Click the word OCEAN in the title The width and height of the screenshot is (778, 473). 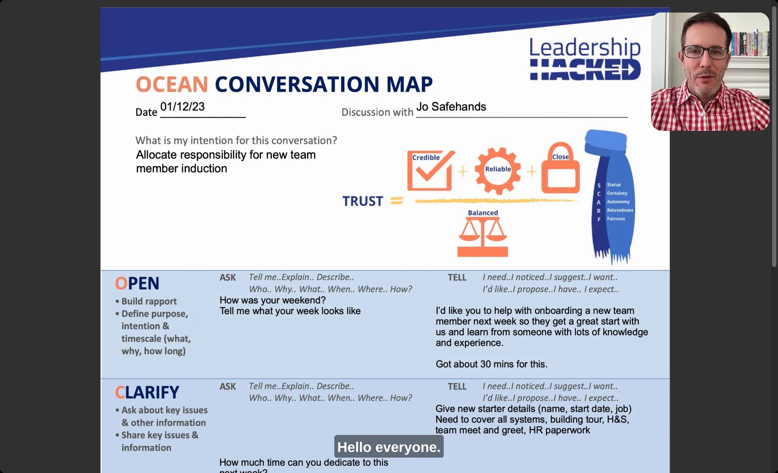(x=172, y=84)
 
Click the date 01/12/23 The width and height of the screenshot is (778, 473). (x=182, y=107)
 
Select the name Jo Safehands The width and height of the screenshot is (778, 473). (x=451, y=107)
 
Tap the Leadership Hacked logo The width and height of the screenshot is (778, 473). (x=585, y=59)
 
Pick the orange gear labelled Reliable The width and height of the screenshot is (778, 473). (x=498, y=170)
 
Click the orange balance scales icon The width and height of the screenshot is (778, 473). (x=483, y=237)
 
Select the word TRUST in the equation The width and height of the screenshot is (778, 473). (x=363, y=201)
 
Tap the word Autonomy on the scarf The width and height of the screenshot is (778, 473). (x=618, y=202)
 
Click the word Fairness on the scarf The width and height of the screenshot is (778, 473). (x=616, y=219)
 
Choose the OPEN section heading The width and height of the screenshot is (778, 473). (x=137, y=283)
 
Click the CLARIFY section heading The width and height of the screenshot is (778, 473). (x=147, y=392)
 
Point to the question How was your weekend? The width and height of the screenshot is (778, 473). (x=272, y=300)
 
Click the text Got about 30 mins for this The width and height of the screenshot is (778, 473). (x=491, y=364)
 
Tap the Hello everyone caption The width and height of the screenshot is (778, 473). (x=389, y=447)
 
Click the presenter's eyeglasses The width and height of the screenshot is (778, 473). (x=705, y=52)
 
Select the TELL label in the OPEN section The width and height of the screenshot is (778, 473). (x=457, y=278)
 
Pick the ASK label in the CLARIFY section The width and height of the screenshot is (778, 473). (x=228, y=387)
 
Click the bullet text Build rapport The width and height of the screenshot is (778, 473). (x=149, y=301)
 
